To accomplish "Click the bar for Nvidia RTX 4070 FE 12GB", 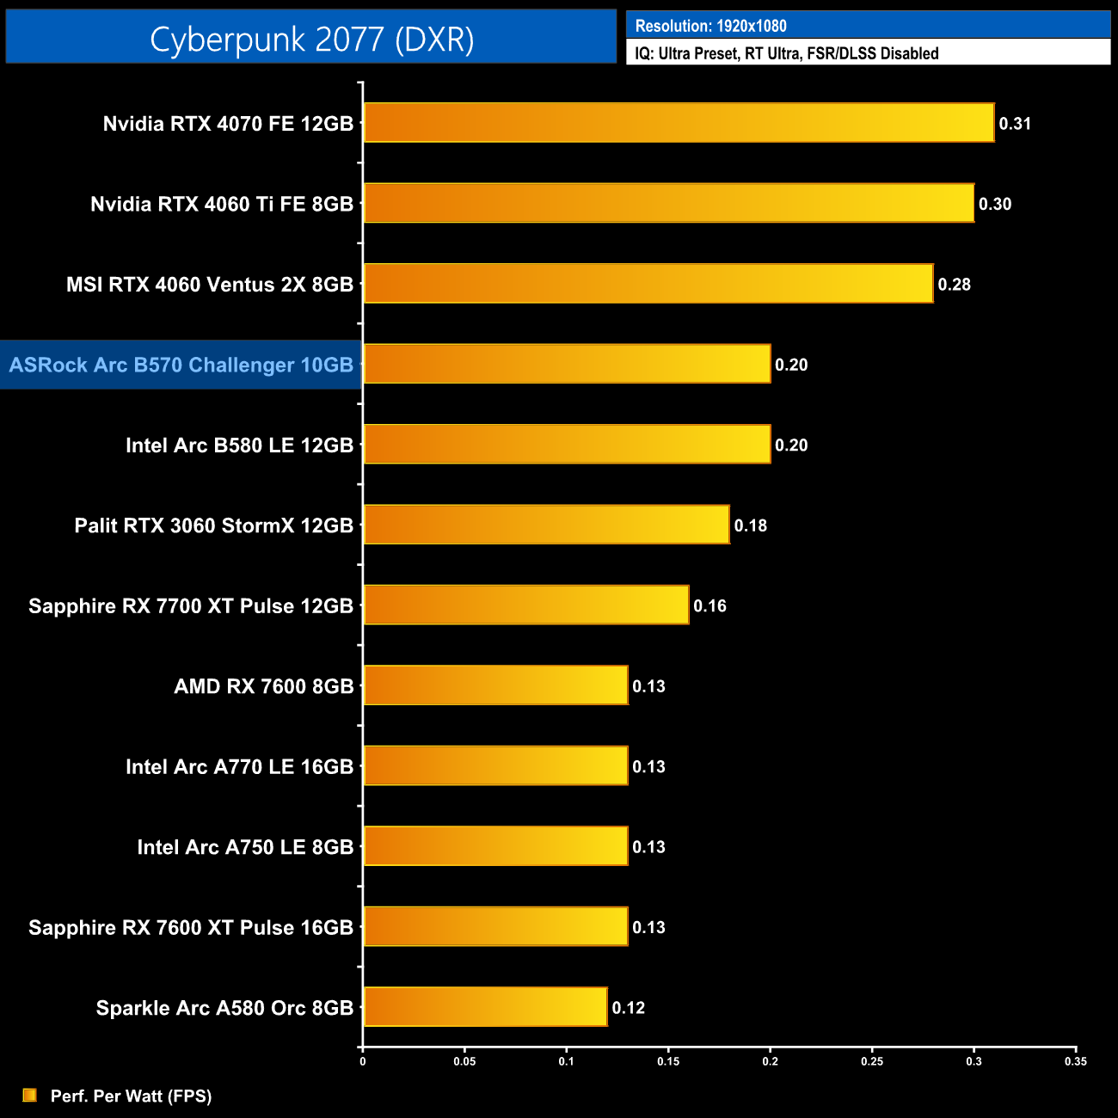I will click(x=679, y=123).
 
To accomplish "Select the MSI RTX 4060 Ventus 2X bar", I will click(x=648, y=284).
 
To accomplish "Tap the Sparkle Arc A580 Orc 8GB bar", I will click(x=485, y=1007).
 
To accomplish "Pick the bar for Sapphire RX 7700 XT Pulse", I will click(x=526, y=605).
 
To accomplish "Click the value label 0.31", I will click(x=1015, y=124).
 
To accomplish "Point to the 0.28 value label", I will click(x=954, y=285).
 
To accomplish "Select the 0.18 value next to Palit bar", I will click(x=750, y=525).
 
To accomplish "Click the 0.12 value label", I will click(x=628, y=1008).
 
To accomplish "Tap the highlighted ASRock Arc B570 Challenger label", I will click(x=181, y=365).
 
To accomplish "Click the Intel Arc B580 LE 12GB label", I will click(x=239, y=445).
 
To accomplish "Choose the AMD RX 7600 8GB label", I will click(x=263, y=686).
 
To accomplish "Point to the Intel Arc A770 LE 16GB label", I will click(x=239, y=767).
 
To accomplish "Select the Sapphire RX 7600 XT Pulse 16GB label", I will click(x=191, y=928).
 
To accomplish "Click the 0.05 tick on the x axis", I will click(x=464, y=1061).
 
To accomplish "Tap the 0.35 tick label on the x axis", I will click(x=1075, y=1061).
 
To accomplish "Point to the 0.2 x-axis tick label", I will click(x=770, y=1061).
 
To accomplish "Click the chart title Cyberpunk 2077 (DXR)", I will click(x=311, y=39).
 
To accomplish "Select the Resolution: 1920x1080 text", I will click(x=710, y=26).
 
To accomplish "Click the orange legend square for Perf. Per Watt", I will click(x=30, y=1095).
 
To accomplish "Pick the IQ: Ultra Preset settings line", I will click(x=786, y=53).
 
